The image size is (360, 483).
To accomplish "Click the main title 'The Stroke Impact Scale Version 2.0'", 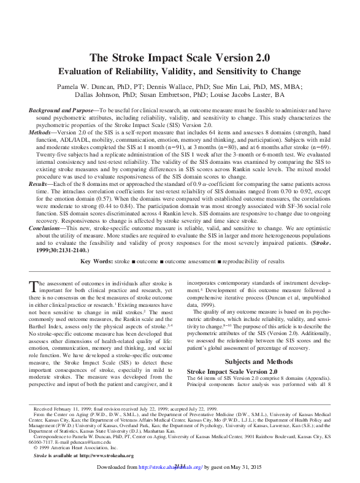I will (180, 58).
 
